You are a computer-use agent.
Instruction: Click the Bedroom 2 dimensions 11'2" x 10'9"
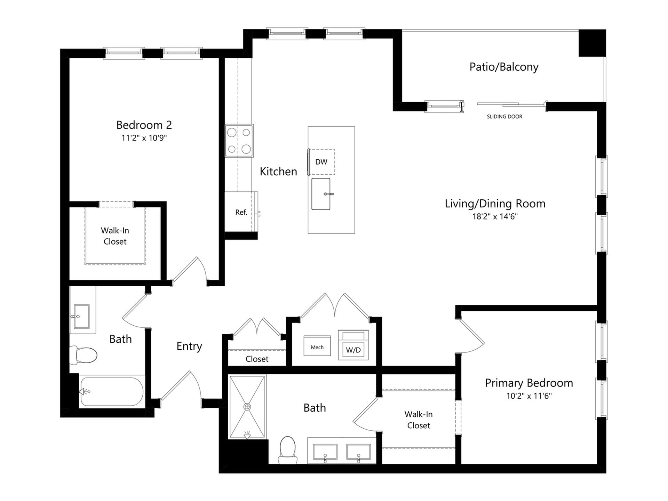pos(144,138)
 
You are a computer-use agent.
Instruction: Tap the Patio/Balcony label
pos(503,67)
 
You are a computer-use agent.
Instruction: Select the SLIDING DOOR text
pos(504,117)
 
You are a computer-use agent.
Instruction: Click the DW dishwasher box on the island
pos(321,162)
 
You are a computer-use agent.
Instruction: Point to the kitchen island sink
pos(320,194)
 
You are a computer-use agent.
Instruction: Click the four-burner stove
pos(239,141)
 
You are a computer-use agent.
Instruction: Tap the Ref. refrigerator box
pos(241,212)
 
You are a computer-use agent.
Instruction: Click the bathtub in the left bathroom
pos(111,392)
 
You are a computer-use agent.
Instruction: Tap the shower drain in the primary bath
pos(247,407)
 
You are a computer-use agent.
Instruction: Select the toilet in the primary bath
pos(288,450)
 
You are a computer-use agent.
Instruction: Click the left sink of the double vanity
pos(325,452)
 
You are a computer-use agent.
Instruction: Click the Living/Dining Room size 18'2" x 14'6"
pos(495,216)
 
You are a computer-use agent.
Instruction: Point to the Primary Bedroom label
pos(528,383)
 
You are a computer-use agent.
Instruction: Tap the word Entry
pos(189,346)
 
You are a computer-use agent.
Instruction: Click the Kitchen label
pos(278,171)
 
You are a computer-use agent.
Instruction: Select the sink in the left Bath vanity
pos(81,317)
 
